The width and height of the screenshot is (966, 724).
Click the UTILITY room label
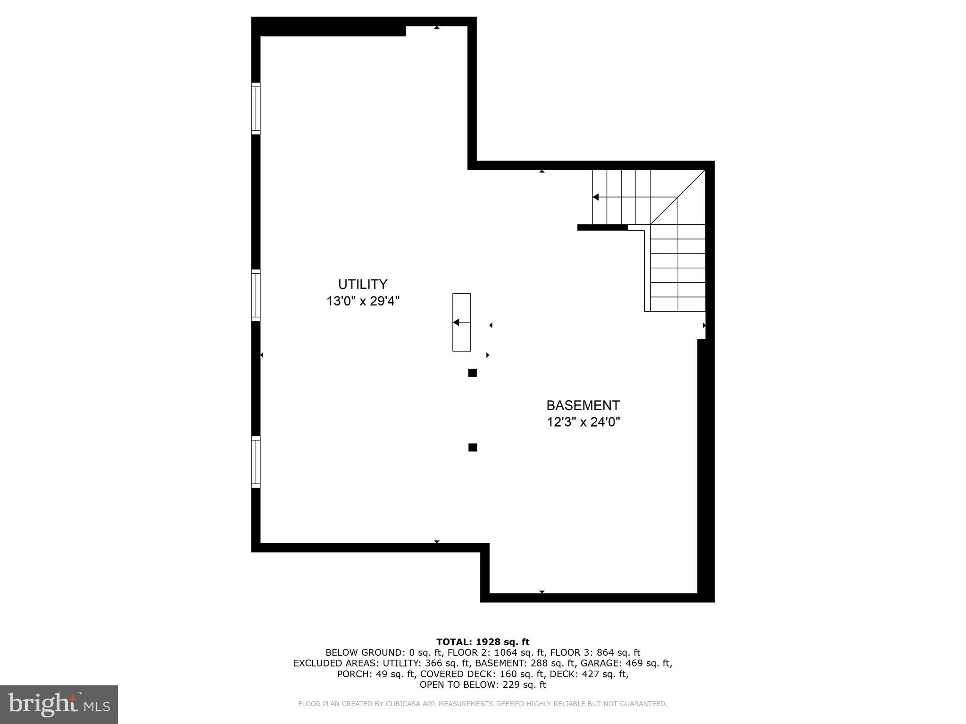click(x=363, y=284)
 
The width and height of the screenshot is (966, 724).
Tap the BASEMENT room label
click(x=583, y=405)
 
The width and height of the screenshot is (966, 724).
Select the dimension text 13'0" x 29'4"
click(x=363, y=301)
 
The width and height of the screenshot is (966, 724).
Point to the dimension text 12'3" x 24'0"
click(x=583, y=422)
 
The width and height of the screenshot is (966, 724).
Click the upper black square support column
click(x=472, y=373)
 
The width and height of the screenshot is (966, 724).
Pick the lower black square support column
click(x=473, y=447)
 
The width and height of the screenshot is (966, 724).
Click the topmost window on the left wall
click(x=256, y=108)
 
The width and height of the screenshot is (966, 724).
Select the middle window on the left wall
click(x=256, y=295)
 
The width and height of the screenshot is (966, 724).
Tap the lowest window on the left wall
click(x=256, y=462)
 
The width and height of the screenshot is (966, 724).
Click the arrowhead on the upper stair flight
click(x=596, y=197)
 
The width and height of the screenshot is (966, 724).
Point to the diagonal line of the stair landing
click(x=677, y=197)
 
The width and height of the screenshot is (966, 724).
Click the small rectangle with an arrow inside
click(x=462, y=322)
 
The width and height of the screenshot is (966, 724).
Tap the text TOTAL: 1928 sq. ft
click(x=483, y=642)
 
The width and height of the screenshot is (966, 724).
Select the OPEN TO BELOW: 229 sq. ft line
click(x=483, y=684)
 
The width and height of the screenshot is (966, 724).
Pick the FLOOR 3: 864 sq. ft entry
click(x=595, y=652)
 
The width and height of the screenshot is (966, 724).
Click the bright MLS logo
click(x=59, y=704)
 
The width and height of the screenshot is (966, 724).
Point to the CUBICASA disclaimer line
click(x=483, y=704)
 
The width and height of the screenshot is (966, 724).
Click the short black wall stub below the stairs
click(x=602, y=227)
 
